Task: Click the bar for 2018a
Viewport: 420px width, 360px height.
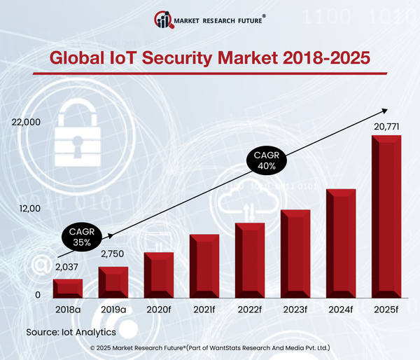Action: (x=68, y=287)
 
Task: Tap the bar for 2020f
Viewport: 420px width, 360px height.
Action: (x=158, y=274)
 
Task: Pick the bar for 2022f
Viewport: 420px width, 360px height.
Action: (x=249, y=260)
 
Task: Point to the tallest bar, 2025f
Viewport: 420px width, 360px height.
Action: (x=386, y=217)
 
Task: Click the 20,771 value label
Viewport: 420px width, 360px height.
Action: (x=386, y=126)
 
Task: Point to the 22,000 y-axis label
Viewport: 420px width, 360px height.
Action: (x=27, y=123)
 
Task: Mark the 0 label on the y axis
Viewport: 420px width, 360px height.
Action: (x=38, y=296)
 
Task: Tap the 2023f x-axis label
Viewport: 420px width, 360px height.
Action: (x=295, y=309)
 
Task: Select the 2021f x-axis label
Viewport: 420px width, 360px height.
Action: (x=204, y=309)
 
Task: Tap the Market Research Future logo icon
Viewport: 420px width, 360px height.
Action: (x=164, y=20)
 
